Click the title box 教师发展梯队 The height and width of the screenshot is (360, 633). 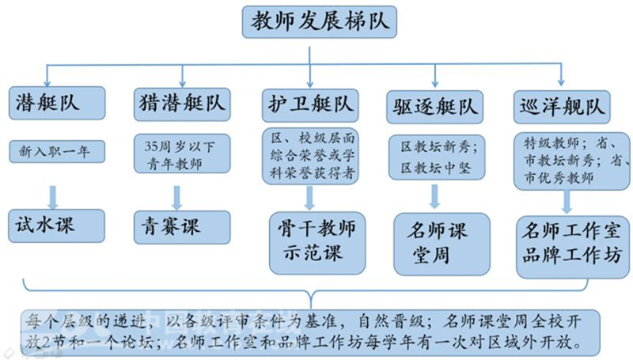pyautogui.click(x=320, y=22)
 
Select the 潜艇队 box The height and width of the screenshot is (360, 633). pyautogui.click(x=57, y=103)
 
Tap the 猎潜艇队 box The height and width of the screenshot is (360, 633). pyautogui.click(x=182, y=104)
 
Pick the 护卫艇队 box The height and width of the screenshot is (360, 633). pyautogui.click(x=310, y=105)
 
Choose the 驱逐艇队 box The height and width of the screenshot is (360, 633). pyautogui.click(x=434, y=107)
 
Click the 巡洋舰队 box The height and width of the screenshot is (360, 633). pyautogui.click(x=562, y=107)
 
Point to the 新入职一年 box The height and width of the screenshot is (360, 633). pyautogui.click(x=57, y=152)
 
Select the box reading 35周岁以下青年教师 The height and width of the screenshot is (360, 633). pyautogui.click(x=182, y=153)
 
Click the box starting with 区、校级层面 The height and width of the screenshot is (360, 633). pyautogui.click(x=310, y=156)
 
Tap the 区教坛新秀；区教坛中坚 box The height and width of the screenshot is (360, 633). pyautogui.click(x=437, y=157)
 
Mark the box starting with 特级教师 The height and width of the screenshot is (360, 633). pyautogui.click(x=571, y=161)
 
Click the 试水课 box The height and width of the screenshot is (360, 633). pyautogui.click(x=56, y=225)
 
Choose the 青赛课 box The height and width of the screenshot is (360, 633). pyautogui.click(x=182, y=227)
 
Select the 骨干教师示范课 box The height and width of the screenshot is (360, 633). pyautogui.click(x=317, y=243)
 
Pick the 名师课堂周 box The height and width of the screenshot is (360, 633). pyautogui.click(x=442, y=244)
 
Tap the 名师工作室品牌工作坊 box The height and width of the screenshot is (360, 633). pyautogui.click(x=573, y=247)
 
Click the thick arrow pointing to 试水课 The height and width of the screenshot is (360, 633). pyautogui.click(x=53, y=198)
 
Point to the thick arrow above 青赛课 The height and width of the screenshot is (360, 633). pyautogui.click(x=176, y=198)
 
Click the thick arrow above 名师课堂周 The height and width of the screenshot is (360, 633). pyautogui.click(x=434, y=197)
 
